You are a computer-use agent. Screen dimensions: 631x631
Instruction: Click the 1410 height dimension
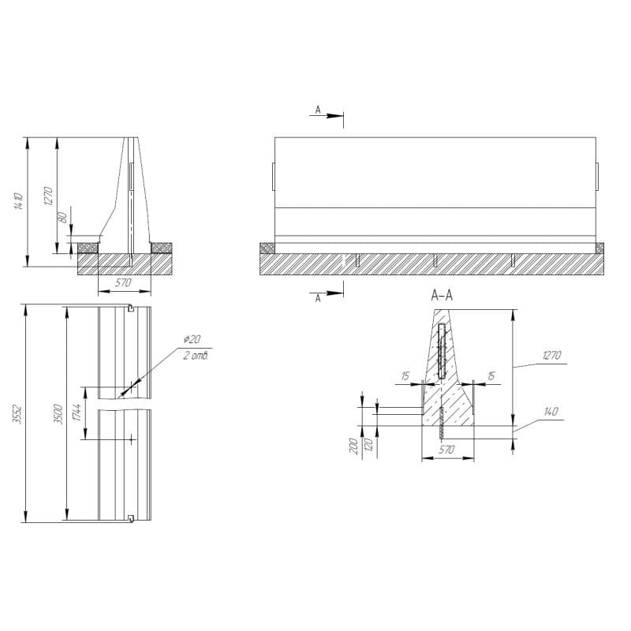[x=18, y=202]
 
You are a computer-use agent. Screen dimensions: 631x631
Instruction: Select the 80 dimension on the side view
[x=63, y=218]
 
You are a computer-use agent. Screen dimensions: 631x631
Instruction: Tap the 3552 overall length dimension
[x=17, y=413]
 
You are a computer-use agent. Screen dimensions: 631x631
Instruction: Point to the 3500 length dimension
[x=58, y=413]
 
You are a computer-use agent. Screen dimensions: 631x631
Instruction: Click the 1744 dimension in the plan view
[x=77, y=412]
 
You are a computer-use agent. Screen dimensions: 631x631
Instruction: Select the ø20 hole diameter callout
[x=192, y=339]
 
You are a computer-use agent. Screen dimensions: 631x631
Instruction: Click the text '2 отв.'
[x=196, y=356]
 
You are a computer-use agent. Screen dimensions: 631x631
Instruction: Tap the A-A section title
[x=442, y=296]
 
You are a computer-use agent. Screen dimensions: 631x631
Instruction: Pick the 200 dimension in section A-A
[x=353, y=446]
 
